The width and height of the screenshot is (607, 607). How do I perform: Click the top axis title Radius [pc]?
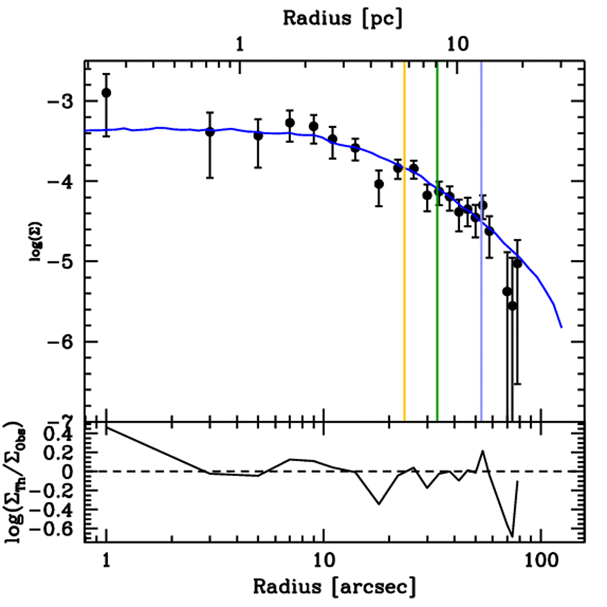[342, 18]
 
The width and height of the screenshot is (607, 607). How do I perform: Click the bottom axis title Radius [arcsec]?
[334, 587]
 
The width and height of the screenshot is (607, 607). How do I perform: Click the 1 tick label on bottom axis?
[106, 560]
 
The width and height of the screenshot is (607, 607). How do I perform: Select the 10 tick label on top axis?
[456, 44]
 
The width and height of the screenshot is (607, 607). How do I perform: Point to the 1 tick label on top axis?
[239, 44]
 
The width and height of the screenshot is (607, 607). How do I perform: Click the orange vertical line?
[404, 267]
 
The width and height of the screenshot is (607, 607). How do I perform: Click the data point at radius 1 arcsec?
[106, 93]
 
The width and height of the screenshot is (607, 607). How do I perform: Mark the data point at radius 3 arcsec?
[209, 132]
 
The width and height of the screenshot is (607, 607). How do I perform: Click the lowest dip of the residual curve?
[512, 536]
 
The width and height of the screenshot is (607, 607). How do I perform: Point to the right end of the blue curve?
[561, 327]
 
